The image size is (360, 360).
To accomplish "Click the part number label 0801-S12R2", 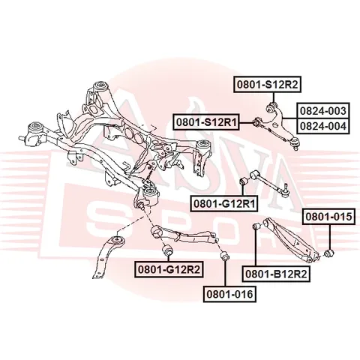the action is click(x=268, y=85).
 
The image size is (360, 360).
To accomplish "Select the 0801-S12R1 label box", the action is click(x=206, y=122).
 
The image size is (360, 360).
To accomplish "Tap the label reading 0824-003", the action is click(x=323, y=110).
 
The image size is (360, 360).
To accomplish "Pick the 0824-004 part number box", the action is click(x=323, y=126).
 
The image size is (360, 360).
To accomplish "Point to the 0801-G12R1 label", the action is click(x=224, y=204).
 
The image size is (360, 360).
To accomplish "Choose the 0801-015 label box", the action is click(x=328, y=217).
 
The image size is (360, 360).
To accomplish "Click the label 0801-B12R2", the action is click(x=276, y=274).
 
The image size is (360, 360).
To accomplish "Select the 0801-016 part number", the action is click(x=229, y=294).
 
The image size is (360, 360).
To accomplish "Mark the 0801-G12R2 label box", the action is click(x=168, y=269).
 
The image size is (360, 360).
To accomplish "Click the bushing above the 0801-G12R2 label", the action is click(x=168, y=250).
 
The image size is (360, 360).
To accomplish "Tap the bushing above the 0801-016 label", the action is click(x=224, y=256).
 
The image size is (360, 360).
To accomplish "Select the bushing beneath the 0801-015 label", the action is click(x=329, y=253).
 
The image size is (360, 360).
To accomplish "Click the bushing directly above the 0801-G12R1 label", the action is click(x=243, y=181).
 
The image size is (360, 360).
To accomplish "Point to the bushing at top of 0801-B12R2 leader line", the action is click(x=256, y=226).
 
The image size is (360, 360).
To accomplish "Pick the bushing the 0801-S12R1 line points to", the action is click(x=256, y=122).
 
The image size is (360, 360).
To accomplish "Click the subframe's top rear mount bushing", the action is click(x=100, y=86).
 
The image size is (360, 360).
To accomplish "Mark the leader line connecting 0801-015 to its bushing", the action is click(x=329, y=236).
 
